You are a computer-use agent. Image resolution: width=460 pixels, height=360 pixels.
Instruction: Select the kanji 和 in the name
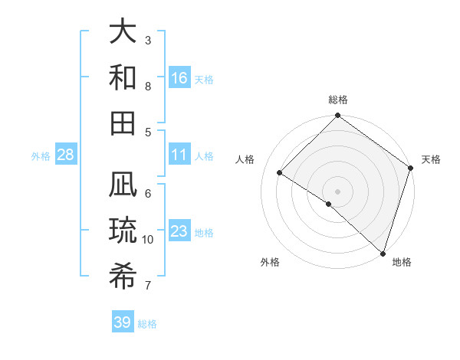pyautogui.click(x=123, y=77)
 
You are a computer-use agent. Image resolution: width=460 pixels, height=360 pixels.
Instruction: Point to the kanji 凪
pyautogui.click(x=123, y=187)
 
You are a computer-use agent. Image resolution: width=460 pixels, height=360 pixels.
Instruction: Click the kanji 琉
pyautogui.click(x=123, y=231)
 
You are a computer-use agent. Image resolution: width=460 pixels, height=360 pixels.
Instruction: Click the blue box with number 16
pyautogui.click(x=179, y=77)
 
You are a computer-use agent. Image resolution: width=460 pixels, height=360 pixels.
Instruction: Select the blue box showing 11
pyautogui.click(x=179, y=155)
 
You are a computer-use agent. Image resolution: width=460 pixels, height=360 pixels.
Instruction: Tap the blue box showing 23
pyautogui.click(x=179, y=231)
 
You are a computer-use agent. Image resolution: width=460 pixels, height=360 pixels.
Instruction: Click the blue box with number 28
pyautogui.click(x=66, y=155)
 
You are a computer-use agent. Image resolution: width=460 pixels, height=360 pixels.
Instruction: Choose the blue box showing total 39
pyautogui.click(x=123, y=322)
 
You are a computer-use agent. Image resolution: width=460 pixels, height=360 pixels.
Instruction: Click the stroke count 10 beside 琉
pyautogui.click(x=148, y=240)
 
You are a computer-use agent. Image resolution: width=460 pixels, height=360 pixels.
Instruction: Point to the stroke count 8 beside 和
pyautogui.click(x=148, y=87)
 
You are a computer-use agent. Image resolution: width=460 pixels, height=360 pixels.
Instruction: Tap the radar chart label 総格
pyautogui.click(x=338, y=100)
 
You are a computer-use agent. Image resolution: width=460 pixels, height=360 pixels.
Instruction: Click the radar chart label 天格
pyautogui.click(x=431, y=159)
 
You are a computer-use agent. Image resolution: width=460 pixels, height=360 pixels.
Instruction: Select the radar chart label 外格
pyautogui.click(x=270, y=262)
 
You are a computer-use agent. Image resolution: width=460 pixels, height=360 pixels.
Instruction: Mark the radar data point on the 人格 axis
pyautogui.click(x=280, y=173)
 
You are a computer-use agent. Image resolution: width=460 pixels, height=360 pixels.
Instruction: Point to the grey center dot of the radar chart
pyautogui.click(x=337, y=191)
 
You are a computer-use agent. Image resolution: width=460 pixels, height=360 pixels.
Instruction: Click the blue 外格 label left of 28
pyautogui.click(x=41, y=156)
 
